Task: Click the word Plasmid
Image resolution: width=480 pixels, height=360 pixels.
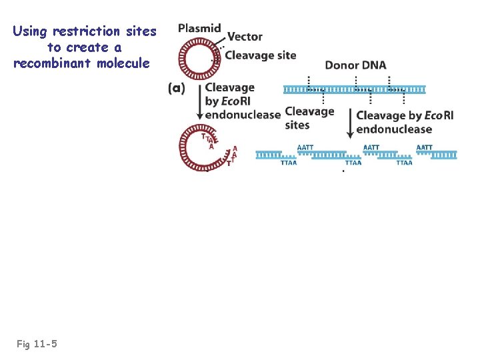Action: click(x=199, y=28)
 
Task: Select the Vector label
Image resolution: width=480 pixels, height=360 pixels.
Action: click(x=245, y=37)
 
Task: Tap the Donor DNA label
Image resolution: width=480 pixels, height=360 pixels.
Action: click(x=355, y=65)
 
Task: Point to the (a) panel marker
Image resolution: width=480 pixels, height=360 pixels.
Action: click(x=177, y=88)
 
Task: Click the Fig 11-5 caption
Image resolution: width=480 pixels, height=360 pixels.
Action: click(x=37, y=344)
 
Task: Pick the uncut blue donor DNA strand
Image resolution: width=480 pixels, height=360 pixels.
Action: click(x=355, y=89)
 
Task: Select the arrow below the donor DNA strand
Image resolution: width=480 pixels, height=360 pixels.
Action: click(x=350, y=123)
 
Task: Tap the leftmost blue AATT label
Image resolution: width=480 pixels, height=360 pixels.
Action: click(x=305, y=147)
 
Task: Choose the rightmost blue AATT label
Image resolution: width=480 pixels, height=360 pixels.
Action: click(x=424, y=147)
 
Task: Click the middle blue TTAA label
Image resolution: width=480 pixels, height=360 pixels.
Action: click(x=353, y=162)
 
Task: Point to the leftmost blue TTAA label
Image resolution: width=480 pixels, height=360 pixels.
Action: click(x=289, y=162)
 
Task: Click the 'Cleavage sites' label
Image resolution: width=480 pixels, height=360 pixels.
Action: click(x=309, y=118)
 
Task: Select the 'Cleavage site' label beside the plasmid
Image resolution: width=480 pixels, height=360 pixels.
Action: click(x=261, y=55)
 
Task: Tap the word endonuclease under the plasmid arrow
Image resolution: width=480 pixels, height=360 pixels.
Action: click(x=243, y=115)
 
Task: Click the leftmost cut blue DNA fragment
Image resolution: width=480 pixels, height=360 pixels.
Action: click(x=269, y=155)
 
